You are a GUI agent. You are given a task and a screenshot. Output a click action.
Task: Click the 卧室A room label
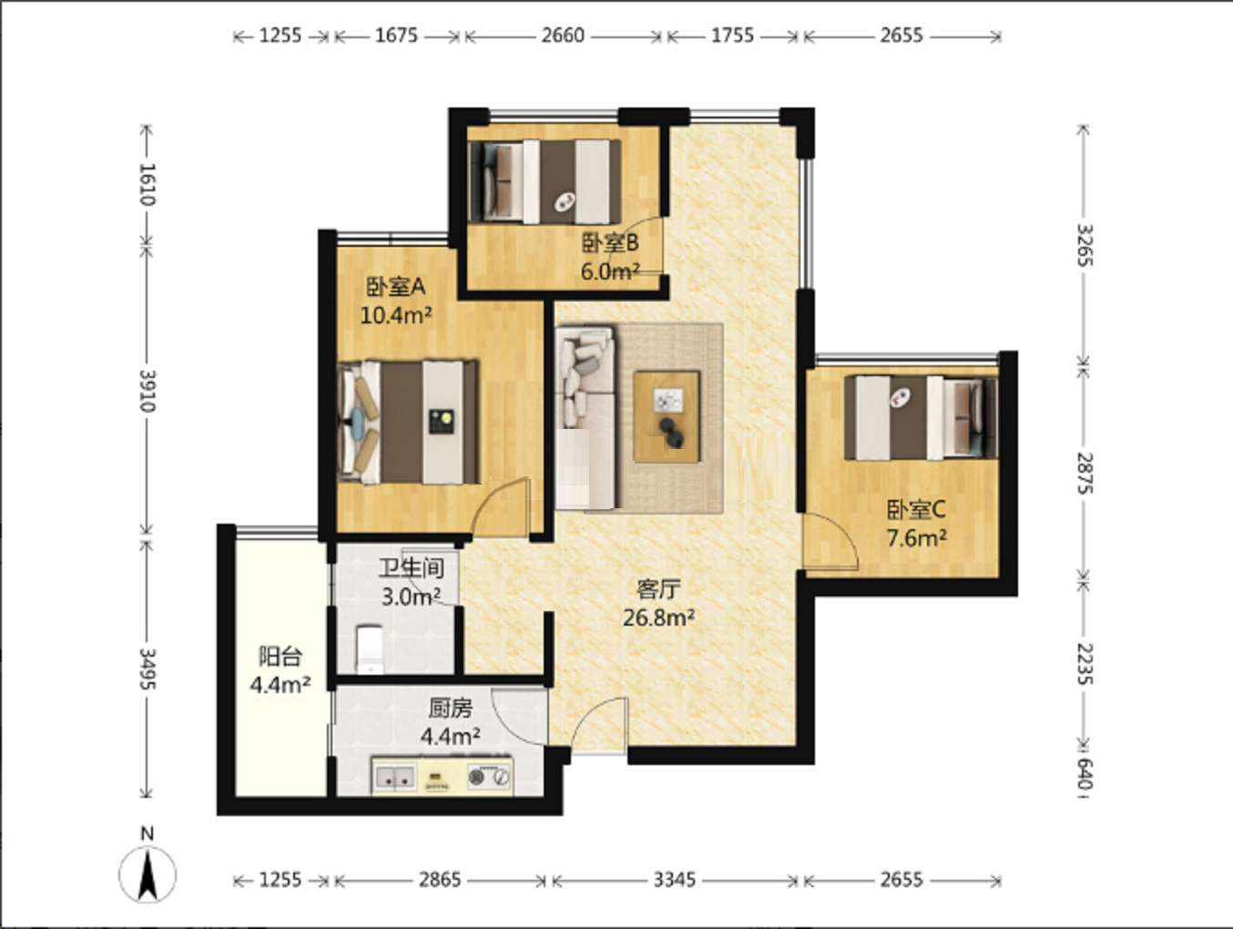395,287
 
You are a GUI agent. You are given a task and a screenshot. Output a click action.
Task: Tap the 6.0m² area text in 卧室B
610,271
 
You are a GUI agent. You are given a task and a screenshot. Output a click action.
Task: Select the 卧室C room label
916,510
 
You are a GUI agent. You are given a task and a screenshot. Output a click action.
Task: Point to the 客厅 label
658,589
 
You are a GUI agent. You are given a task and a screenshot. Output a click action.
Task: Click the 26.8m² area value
658,618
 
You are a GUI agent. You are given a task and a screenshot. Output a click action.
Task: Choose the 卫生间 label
412,567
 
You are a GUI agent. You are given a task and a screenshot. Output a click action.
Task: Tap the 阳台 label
280,656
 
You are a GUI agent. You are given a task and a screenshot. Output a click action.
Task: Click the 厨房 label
450,709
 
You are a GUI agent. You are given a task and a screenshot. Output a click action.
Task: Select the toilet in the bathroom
370,649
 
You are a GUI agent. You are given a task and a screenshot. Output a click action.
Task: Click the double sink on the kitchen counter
395,777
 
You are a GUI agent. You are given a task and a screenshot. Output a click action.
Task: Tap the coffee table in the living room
667,417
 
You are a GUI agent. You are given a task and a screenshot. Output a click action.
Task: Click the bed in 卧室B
545,181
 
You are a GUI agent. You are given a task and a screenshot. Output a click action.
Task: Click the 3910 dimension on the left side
148,391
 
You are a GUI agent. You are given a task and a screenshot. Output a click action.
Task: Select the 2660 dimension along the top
563,36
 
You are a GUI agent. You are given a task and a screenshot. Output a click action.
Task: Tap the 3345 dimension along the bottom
674,880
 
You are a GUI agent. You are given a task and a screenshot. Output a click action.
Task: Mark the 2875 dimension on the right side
1085,473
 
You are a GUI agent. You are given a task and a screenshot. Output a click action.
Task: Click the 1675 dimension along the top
397,36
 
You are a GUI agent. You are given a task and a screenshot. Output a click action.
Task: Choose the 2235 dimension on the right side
1085,664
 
